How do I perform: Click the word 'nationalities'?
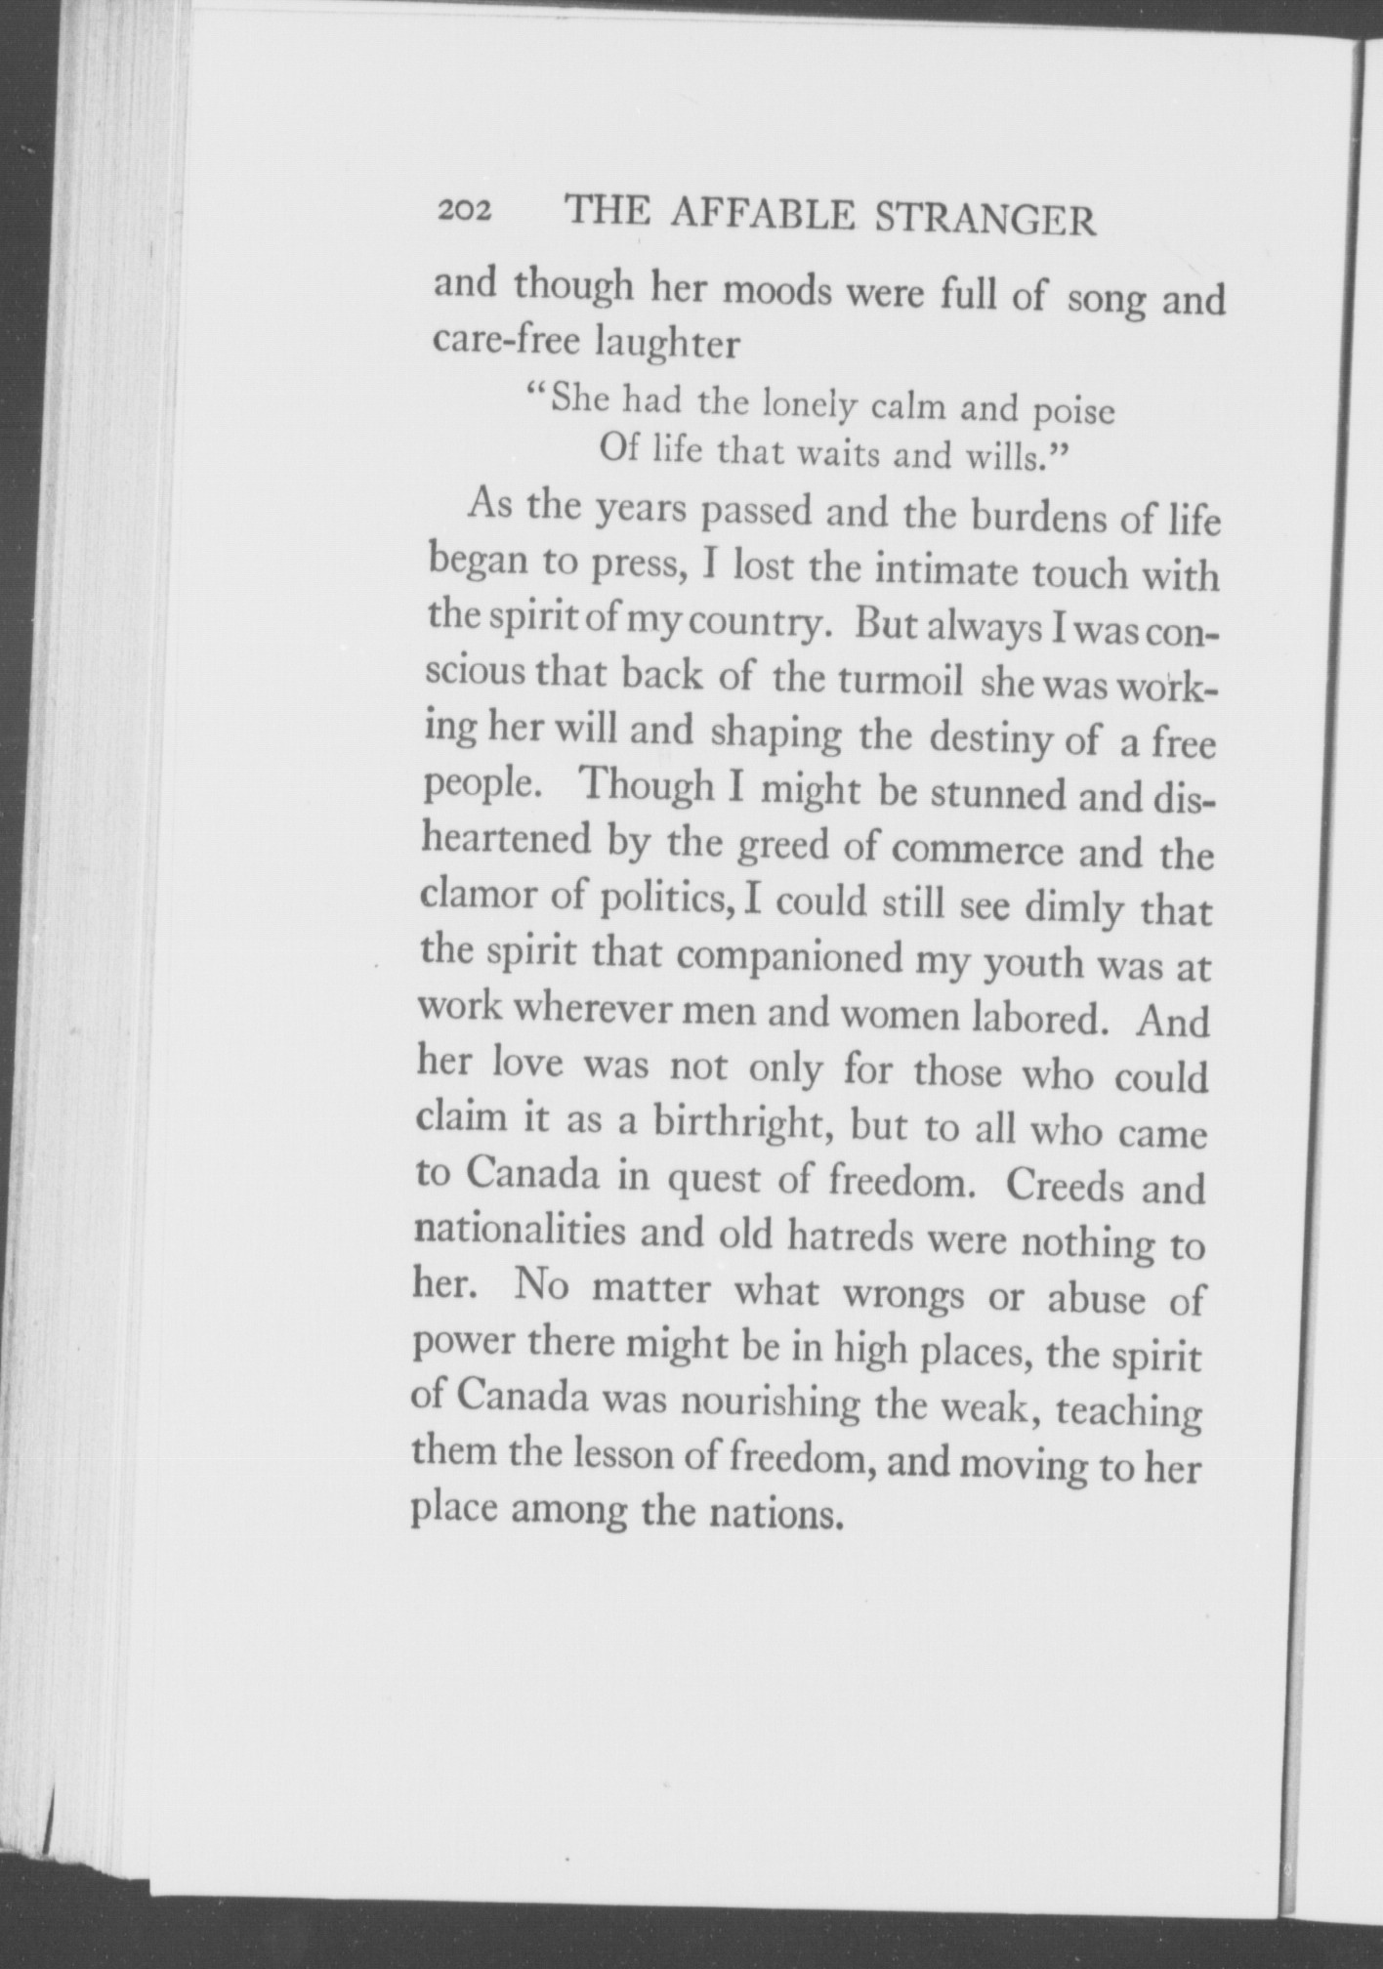coord(520,1230)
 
